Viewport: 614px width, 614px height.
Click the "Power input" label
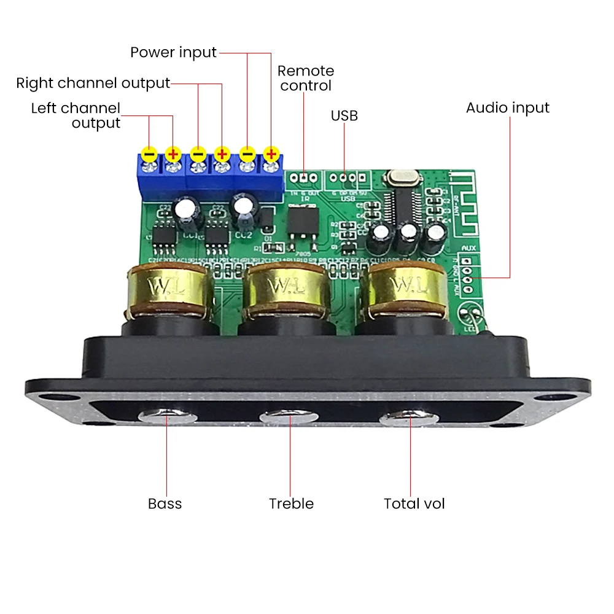(x=173, y=53)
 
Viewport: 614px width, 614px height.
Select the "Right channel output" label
(x=93, y=84)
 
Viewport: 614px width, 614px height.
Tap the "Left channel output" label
(x=76, y=115)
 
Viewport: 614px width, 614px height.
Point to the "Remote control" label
(x=306, y=78)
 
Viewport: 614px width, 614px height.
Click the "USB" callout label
(x=344, y=115)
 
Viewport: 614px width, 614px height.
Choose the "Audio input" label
(x=507, y=108)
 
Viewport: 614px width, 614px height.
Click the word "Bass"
(x=165, y=504)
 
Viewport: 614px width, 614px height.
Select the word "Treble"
(x=291, y=504)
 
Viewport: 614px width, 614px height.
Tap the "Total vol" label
(x=414, y=504)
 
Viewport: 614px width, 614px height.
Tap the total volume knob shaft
(x=408, y=419)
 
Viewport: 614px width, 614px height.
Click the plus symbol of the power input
(x=271, y=153)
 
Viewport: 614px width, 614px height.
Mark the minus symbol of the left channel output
(x=149, y=153)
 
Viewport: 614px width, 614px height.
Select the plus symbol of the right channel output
(x=222, y=153)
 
